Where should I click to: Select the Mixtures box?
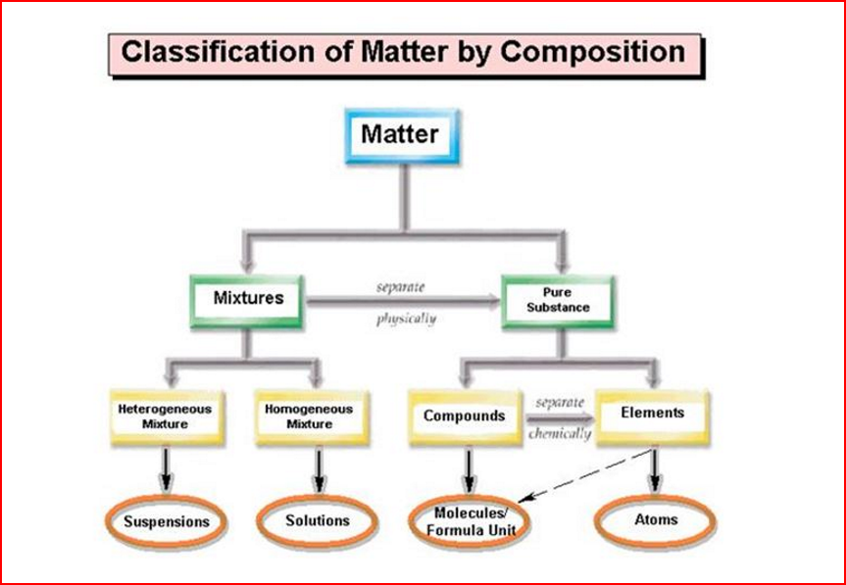point(247,297)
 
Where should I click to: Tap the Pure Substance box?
point(558,300)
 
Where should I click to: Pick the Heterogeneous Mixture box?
point(165,416)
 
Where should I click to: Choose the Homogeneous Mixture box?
point(309,416)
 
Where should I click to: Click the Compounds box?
point(464,416)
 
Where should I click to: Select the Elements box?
point(652,414)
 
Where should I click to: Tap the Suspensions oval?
point(166,522)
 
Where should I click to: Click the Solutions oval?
point(318,520)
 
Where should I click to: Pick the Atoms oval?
point(655,519)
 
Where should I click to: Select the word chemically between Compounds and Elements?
point(560,433)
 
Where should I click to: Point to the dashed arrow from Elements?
point(588,475)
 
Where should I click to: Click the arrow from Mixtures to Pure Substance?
point(402,303)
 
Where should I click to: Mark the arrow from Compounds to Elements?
point(561,417)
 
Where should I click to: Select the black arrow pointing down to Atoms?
point(655,470)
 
